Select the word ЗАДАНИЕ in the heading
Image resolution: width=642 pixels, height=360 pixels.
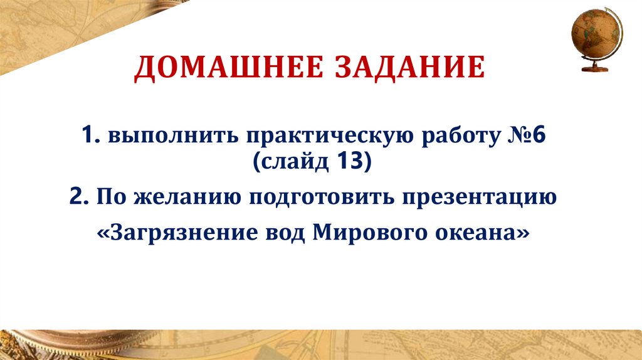[x=413, y=67]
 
